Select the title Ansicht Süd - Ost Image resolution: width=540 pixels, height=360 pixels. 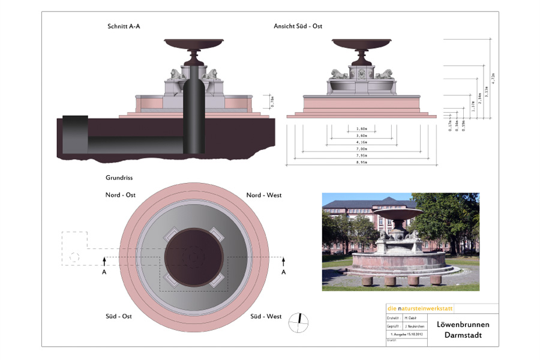point(298,26)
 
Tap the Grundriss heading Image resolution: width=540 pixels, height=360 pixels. point(119,178)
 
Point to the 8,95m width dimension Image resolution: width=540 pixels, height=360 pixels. point(362,162)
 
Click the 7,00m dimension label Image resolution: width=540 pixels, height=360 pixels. point(362,148)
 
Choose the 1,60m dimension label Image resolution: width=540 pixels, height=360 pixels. point(362,128)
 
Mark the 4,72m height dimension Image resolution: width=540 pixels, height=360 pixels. point(493,79)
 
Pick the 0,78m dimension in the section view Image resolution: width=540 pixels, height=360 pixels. point(272,102)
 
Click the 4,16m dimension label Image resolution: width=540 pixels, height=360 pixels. point(362,142)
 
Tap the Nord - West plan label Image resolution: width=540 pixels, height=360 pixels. point(264,195)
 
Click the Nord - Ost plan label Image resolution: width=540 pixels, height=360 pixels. point(121,195)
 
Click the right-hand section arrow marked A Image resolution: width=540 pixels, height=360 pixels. point(284,263)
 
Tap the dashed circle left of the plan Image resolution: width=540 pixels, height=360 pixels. point(74,257)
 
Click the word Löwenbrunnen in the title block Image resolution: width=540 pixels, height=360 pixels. point(463,325)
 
